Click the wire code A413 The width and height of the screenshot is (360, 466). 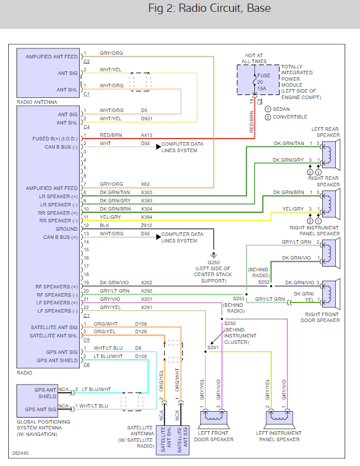click(146, 135)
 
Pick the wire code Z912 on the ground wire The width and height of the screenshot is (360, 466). click(146, 225)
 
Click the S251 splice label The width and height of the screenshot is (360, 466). click(213, 348)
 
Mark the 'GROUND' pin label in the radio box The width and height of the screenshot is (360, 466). click(67, 229)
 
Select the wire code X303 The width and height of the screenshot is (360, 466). click(146, 192)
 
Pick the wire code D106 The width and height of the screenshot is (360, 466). click(141, 324)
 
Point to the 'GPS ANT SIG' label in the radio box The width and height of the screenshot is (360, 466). click(58, 352)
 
